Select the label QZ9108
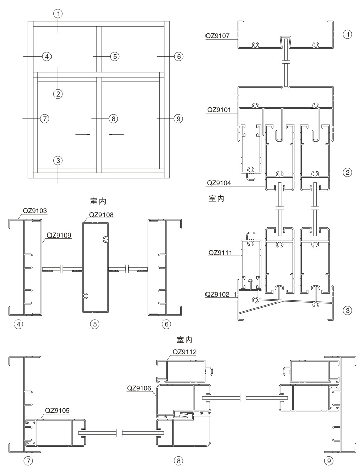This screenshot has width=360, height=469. [101, 215]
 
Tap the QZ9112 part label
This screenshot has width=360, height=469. [185, 352]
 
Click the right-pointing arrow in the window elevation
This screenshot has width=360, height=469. [83, 134]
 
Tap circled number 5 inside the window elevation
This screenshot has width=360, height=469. [115, 56]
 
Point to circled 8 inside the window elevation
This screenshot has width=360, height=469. [113, 119]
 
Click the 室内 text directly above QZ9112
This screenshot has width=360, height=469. [184, 340]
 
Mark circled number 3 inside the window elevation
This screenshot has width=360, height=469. [58, 161]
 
